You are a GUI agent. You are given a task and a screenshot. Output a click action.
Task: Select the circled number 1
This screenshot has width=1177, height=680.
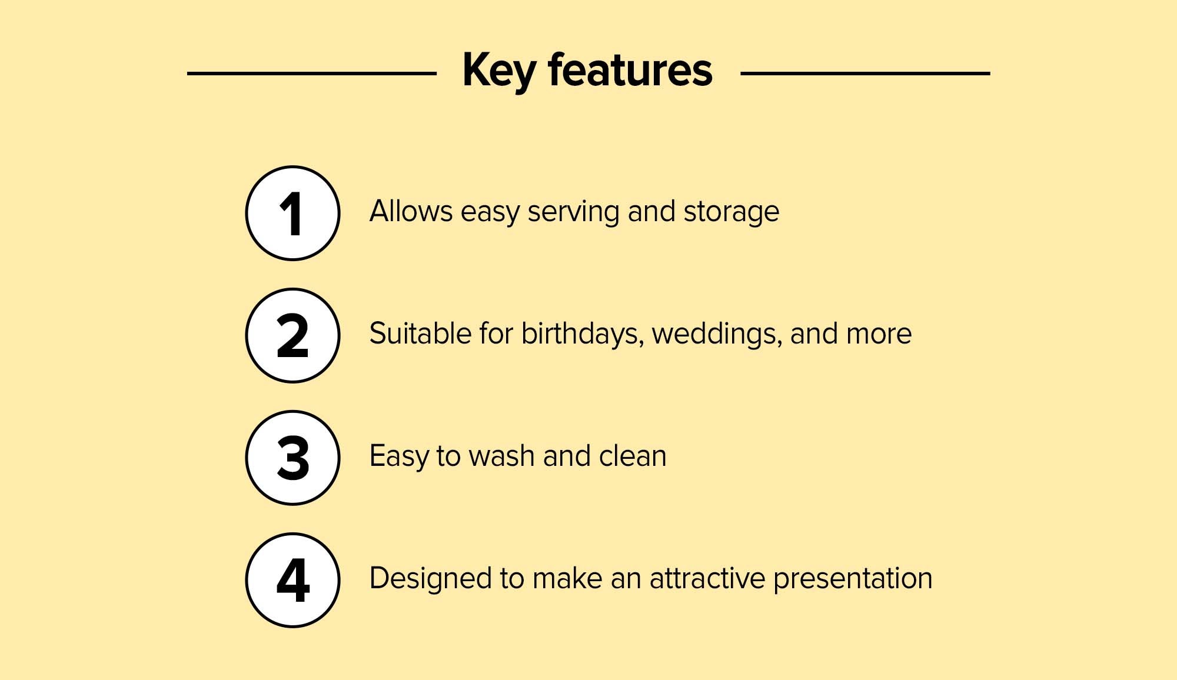[x=292, y=213]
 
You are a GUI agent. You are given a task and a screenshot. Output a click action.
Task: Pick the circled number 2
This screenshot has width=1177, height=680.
[x=292, y=335]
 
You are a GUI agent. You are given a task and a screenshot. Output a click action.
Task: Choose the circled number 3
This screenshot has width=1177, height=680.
[x=292, y=458]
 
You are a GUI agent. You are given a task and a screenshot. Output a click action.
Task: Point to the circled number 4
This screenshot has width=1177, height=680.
[x=292, y=580]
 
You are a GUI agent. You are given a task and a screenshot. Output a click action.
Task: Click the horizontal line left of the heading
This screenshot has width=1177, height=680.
[x=312, y=74]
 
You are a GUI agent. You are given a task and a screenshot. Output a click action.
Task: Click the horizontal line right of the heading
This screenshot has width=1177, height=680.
[x=865, y=74]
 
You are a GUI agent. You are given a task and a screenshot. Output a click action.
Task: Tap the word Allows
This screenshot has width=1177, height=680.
[x=411, y=211]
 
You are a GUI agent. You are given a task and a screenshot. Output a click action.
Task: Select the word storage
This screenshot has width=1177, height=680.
[x=732, y=213]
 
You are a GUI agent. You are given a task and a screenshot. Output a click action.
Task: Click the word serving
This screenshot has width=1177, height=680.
[x=573, y=213]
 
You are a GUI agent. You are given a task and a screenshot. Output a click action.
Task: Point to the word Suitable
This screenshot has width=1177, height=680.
[x=420, y=334]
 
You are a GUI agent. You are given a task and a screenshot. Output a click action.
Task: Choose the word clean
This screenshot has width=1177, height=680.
[x=633, y=456]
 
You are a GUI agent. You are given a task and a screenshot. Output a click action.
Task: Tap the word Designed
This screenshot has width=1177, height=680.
[x=430, y=579]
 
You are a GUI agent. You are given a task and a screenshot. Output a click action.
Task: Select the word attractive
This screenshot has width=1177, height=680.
[x=707, y=578]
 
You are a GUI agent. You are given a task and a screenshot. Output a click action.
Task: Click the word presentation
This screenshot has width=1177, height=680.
[x=853, y=579]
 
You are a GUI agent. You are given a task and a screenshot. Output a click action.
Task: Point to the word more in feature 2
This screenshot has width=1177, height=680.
[x=879, y=335]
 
